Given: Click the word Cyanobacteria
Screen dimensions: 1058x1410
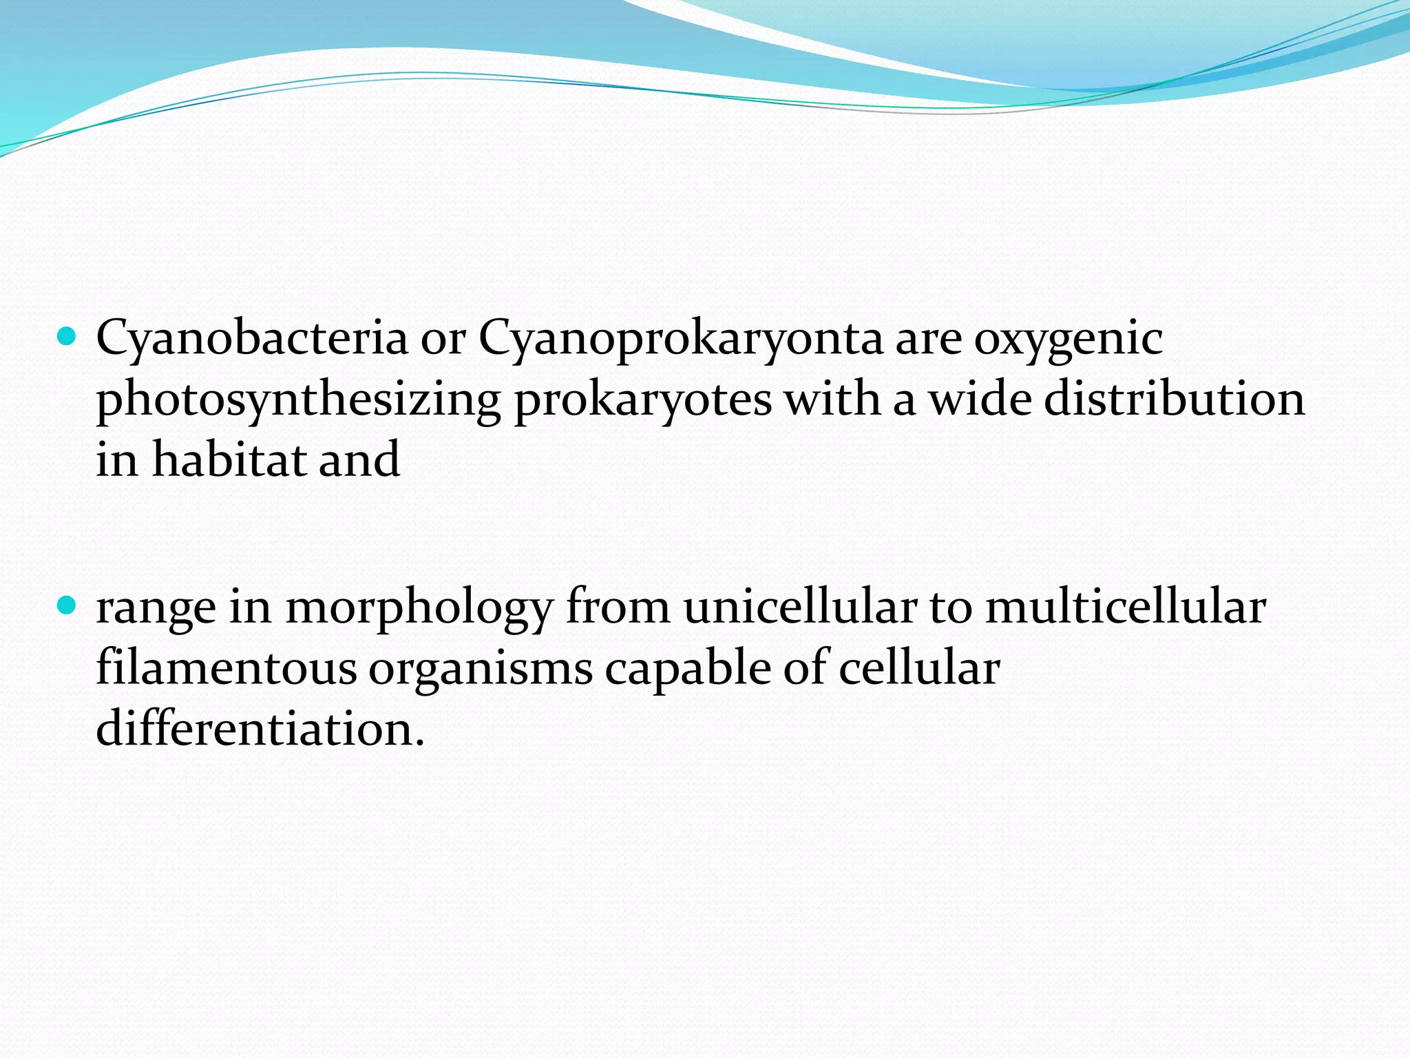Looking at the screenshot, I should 252,338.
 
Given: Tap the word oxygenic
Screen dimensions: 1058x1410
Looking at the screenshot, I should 1068,338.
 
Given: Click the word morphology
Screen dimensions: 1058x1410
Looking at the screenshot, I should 419,608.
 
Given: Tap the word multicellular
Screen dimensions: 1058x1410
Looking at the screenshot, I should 1126,608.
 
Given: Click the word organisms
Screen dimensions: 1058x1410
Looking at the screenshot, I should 481,668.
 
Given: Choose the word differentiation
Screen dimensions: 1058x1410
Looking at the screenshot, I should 260,729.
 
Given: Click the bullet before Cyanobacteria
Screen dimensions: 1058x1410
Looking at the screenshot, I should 67,337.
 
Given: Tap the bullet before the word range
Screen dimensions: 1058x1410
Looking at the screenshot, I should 67,606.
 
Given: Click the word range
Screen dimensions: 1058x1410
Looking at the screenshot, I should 156,608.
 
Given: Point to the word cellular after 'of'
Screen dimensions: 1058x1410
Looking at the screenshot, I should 918,668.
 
